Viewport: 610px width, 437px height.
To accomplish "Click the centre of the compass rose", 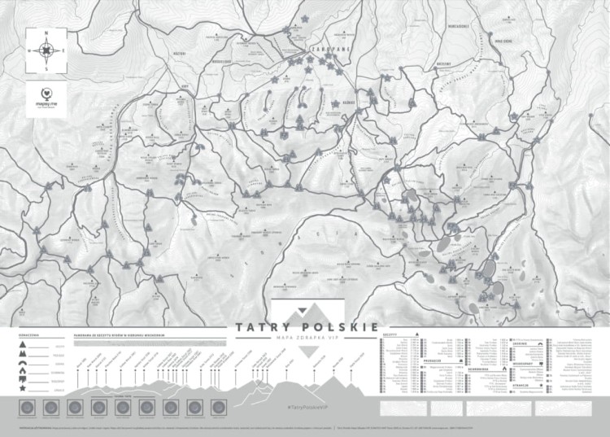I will pyautogui.click(x=47, y=50).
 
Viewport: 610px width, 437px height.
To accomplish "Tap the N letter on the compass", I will pyautogui.click(x=47, y=33).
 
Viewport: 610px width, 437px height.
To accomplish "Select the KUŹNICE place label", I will pyautogui.click(x=348, y=103).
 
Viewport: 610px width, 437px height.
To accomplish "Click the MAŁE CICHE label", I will pyautogui.click(x=503, y=39).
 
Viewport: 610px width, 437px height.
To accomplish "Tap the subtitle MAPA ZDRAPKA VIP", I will pyautogui.click(x=306, y=338).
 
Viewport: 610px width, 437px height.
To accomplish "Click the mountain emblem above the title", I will pyautogui.click(x=306, y=310).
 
